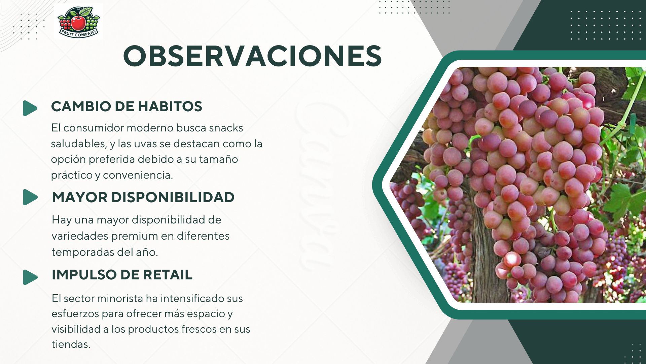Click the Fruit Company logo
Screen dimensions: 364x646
click(79, 22)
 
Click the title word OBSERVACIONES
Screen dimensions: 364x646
click(252, 56)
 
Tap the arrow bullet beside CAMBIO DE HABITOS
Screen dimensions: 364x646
click(30, 108)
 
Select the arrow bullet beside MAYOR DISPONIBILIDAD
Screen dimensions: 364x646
click(30, 197)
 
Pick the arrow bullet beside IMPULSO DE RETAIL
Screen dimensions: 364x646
click(30, 277)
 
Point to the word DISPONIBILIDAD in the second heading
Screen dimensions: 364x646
click(173, 198)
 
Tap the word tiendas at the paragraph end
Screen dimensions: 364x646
click(71, 344)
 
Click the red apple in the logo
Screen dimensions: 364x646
click(78, 22)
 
